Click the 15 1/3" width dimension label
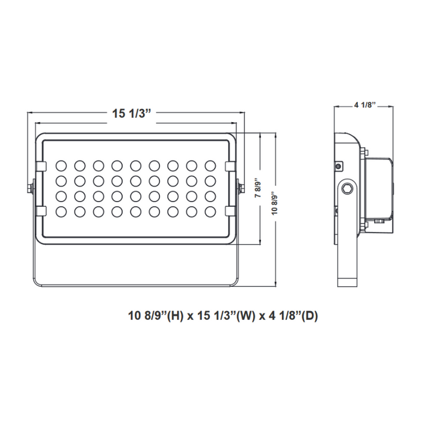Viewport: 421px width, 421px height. tap(131, 114)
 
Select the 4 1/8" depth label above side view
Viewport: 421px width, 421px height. tap(364, 105)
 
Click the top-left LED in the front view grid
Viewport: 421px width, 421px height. tap(61, 165)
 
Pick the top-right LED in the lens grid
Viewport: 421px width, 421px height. tap(210, 165)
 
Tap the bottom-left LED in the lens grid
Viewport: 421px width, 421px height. tap(61, 210)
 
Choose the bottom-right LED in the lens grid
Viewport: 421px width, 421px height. tap(210, 210)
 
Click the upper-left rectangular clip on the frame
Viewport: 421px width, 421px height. tap(40, 165)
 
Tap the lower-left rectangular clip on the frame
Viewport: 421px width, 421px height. tap(40, 210)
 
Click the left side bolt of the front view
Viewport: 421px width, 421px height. tap(29, 188)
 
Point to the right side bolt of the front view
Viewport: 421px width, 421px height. tap(242, 188)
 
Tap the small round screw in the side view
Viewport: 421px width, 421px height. tap(339, 165)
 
